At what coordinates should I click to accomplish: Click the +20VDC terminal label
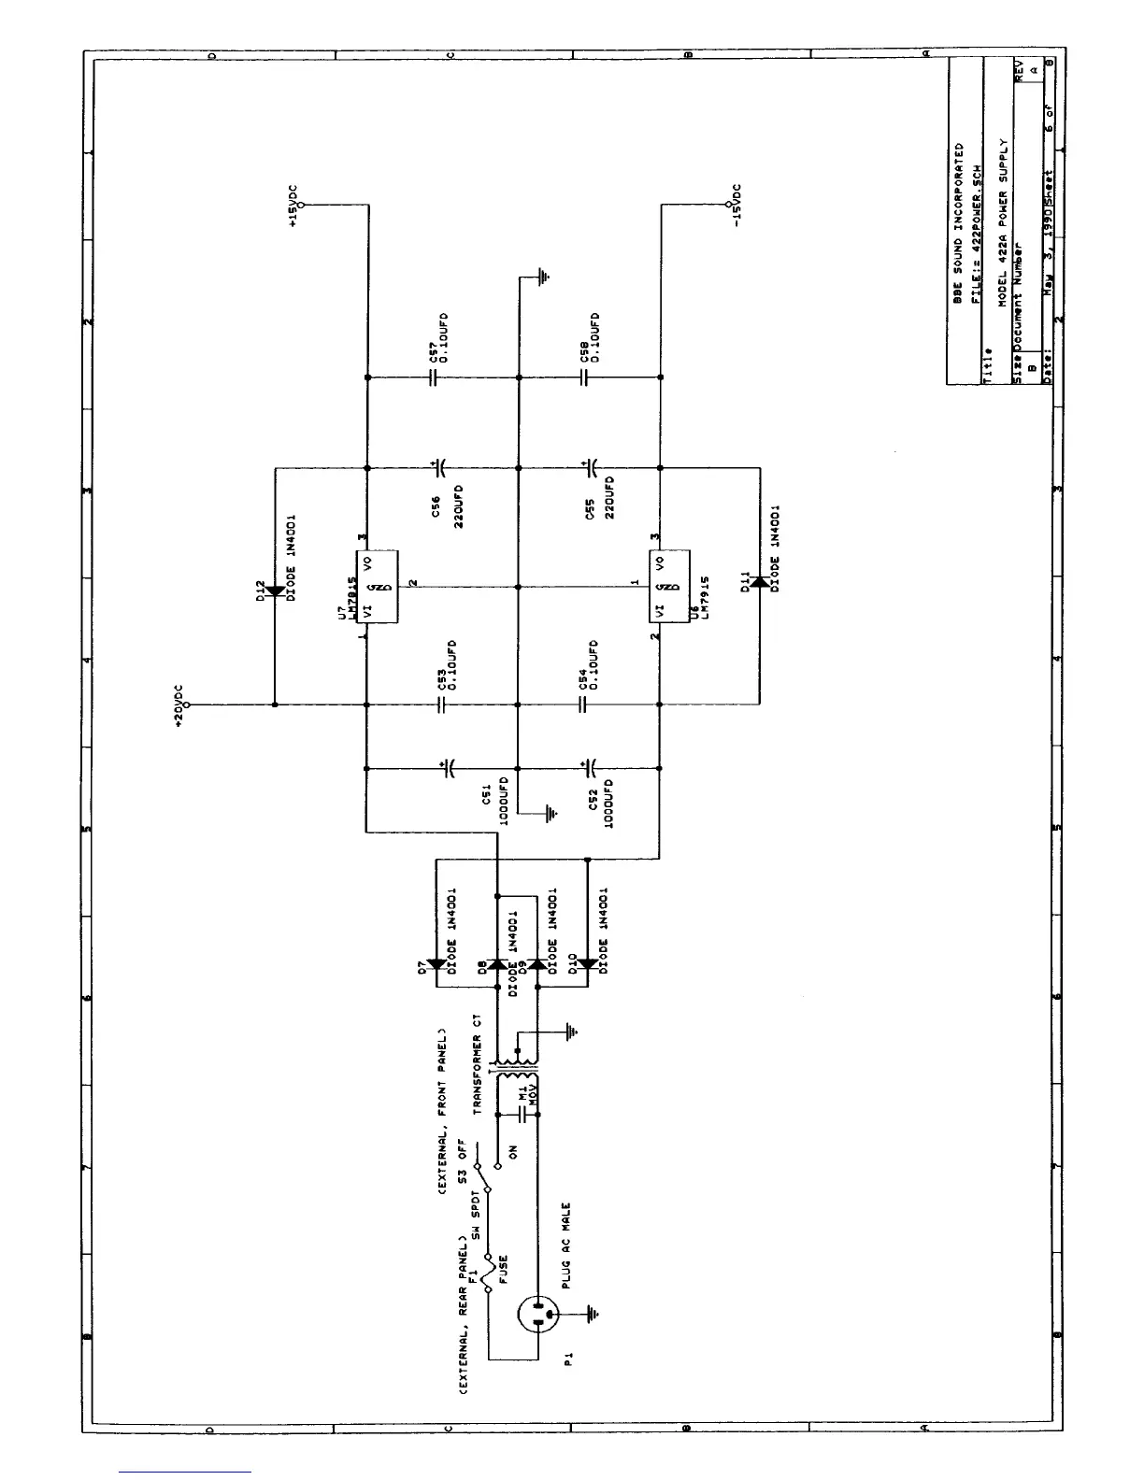[x=179, y=706]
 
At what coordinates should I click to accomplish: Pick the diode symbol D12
[x=275, y=591]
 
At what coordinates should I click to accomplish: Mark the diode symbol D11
[x=758, y=583]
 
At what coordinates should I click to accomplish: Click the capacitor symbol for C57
[x=434, y=377]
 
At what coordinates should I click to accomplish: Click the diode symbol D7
[x=437, y=964]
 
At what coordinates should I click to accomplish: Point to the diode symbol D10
[x=587, y=964]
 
